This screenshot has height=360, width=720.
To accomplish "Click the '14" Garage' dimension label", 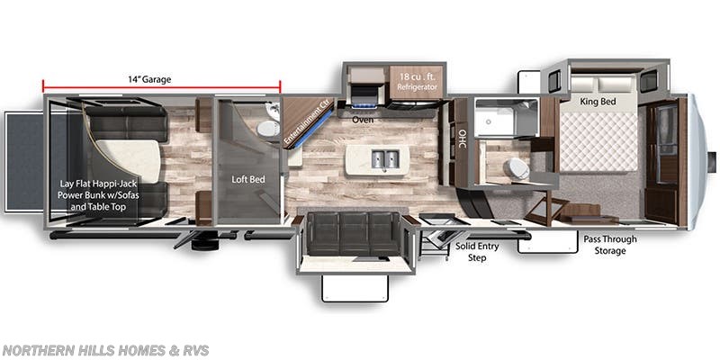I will click(148, 79).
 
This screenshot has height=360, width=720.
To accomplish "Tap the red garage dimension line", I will click(162, 88).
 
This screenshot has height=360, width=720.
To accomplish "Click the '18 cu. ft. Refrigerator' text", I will click(418, 82).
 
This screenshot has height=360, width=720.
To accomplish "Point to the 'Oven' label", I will click(363, 119).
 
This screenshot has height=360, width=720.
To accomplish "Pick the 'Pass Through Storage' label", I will click(609, 245).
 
